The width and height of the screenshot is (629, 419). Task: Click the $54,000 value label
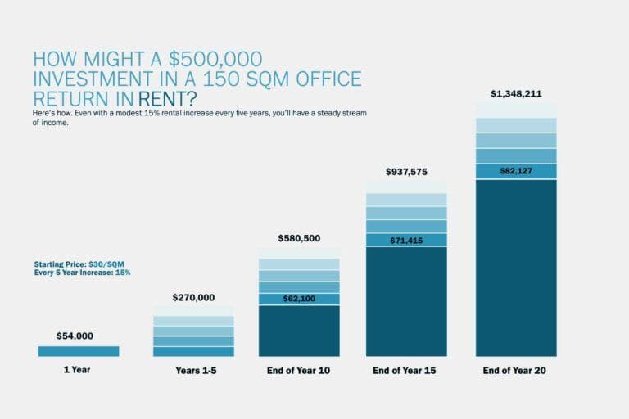[x=75, y=336]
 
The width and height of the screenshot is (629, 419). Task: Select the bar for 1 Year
[x=79, y=351]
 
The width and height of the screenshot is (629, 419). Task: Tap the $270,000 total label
[x=193, y=298]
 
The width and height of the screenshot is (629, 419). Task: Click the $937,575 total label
[x=406, y=172]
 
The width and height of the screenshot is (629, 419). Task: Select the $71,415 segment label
[x=406, y=240]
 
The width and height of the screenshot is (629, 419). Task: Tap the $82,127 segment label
[x=516, y=171]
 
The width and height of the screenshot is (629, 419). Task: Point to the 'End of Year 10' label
[x=299, y=371]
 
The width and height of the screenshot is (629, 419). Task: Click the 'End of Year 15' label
[x=406, y=371]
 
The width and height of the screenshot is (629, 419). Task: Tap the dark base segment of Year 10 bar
[x=299, y=331]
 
